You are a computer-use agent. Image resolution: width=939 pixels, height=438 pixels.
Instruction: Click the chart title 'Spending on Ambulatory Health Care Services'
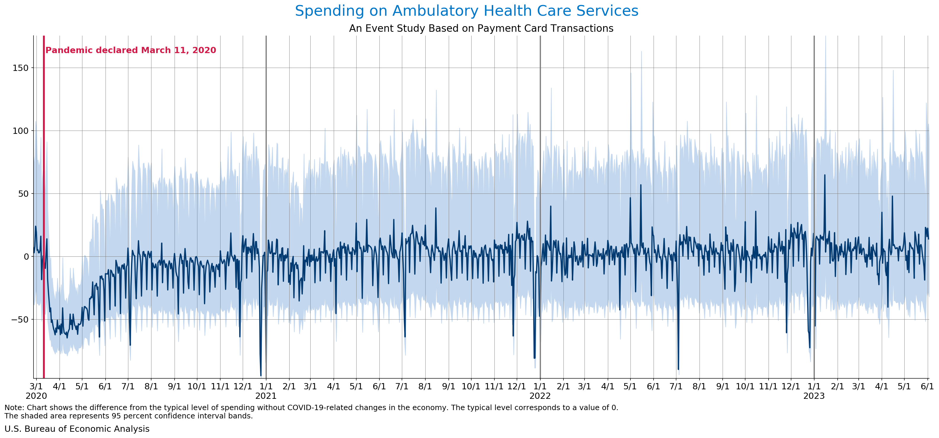pos(467,11)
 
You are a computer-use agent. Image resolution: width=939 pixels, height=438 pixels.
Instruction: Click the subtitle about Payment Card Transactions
pos(481,28)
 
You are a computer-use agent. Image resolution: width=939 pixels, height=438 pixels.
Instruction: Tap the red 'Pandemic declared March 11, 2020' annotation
pos(130,50)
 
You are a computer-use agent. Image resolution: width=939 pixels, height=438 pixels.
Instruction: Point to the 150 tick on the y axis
pos(21,68)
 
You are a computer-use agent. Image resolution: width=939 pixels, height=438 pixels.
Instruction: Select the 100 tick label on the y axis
pos(21,131)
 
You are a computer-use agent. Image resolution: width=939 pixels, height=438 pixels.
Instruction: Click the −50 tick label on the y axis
pos(19,320)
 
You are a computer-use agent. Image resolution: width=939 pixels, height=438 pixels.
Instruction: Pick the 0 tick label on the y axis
pos(26,257)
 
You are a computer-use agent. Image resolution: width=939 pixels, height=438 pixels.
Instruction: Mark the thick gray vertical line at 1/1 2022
pos(540,146)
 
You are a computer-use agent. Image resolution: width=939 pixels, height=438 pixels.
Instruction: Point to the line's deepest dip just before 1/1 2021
pos(261,375)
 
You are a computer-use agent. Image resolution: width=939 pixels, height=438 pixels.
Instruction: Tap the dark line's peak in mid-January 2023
pos(825,175)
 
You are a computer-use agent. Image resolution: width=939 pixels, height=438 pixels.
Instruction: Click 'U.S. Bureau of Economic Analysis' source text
pos(77,429)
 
